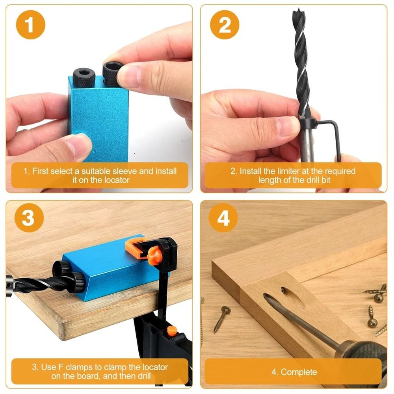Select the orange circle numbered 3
point(28,217)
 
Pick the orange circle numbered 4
point(223,217)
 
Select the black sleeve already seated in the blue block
point(83,74)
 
